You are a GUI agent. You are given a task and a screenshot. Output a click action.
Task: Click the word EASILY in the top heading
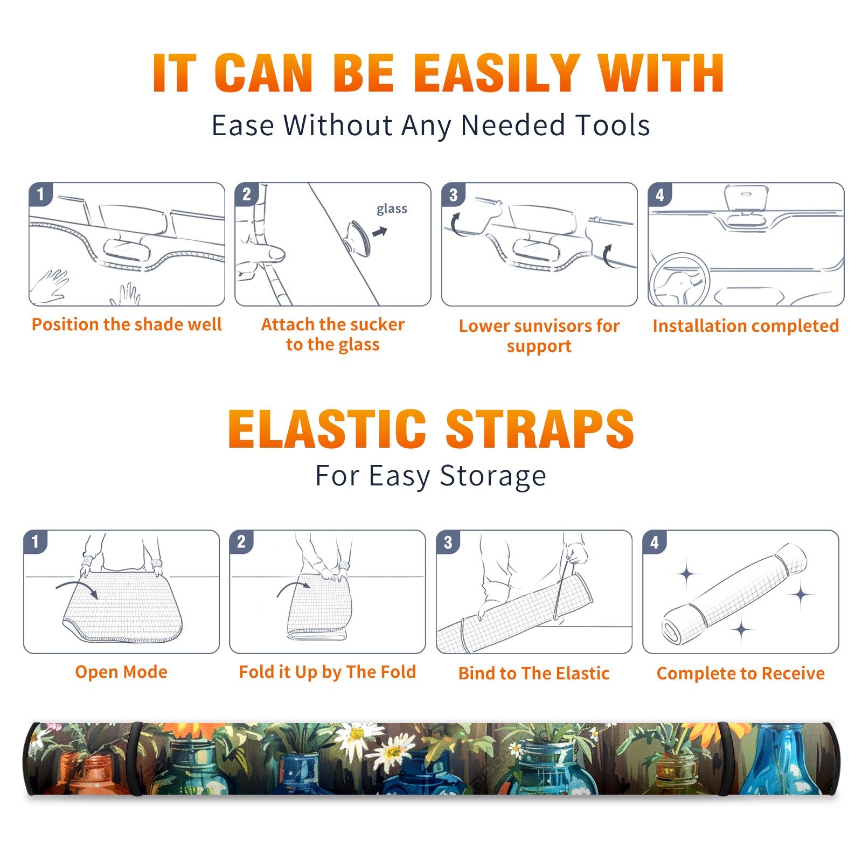pos(497,73)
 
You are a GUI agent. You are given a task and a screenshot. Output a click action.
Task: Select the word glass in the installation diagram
pos(392,209)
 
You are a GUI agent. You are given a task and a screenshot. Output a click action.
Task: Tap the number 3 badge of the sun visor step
pos(453,194)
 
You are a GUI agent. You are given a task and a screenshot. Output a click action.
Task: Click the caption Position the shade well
pos(127,324)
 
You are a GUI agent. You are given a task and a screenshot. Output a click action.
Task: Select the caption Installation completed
pos(746,326)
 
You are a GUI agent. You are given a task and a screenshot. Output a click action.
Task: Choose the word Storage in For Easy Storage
pos(493,476)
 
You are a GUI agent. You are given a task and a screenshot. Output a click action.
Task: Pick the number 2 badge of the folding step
pos(241,541)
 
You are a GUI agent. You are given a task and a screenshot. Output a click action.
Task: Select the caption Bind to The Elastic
pos(534,673)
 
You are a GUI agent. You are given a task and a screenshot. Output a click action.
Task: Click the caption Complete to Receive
pos(741,673)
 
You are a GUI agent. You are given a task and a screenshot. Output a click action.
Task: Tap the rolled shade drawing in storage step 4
pos(734,594)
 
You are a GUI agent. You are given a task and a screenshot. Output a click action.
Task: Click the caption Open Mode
pos(121,672)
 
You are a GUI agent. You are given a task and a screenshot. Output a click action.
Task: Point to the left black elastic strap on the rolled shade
pos(136,759)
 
